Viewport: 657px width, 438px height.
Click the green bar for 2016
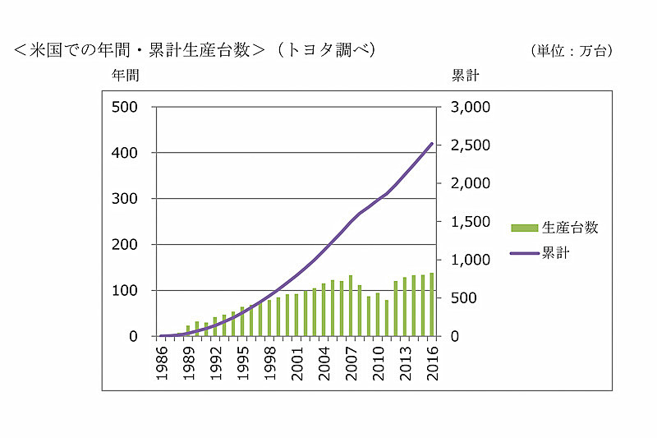[x=432, y=305]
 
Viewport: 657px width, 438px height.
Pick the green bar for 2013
[x=405, y=307]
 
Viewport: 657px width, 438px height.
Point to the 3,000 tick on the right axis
[x=470, y=107]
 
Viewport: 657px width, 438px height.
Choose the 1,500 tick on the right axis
[x=470, y=222]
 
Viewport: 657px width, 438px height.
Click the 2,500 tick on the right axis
[x=470, y=145]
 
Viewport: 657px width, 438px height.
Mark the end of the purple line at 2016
[x=432, y=144]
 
